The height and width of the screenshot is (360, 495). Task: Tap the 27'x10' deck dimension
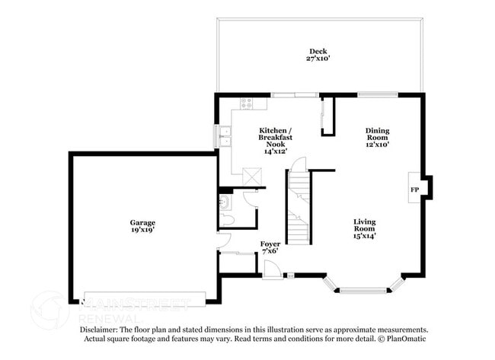(318, 58)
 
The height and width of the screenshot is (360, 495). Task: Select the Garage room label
(142, 223)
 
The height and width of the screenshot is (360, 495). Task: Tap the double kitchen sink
(224, 136)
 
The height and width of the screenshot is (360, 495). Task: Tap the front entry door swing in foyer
(272, 267)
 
